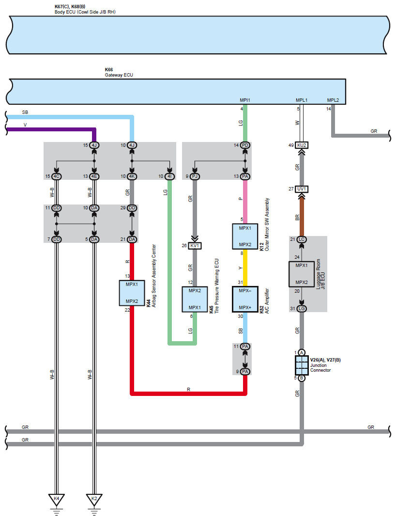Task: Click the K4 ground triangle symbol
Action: pos(56,500)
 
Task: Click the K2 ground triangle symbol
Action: pos(94,500)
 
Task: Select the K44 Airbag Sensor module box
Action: pos(132,293)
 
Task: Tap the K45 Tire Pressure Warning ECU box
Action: pos(195,299)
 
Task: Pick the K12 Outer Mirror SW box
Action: pos(245,236)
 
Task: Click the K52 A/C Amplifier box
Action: pos(245,299)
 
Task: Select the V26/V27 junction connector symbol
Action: pos(302,365)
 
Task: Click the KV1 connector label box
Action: pos(195,246)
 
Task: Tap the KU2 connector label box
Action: pos(302,145)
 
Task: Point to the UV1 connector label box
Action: pos(302,189)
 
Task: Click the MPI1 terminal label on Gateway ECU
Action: pos(245,100)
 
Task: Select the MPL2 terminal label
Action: pos(333,100)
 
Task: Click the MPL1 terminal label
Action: pos(302,100)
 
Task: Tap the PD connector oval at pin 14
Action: pos(245,145)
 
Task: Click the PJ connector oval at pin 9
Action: pos(195,176)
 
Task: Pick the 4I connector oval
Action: pos(169,176)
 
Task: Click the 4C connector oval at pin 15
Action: pos(56,176)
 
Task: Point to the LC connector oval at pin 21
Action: pos(302,239)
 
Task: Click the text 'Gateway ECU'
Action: pos(119,75)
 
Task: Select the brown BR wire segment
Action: pos(302,214)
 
